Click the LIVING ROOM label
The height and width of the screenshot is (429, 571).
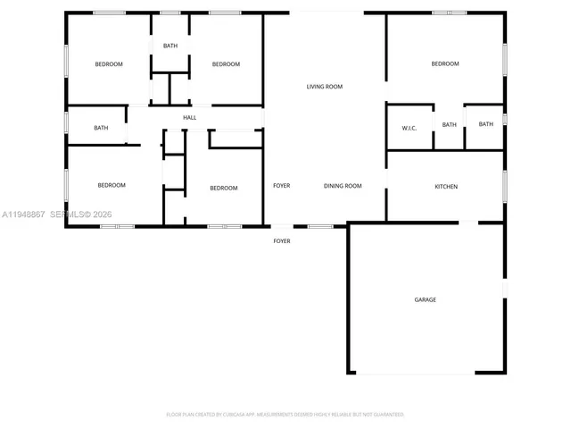325,87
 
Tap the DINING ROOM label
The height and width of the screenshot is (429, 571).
343,186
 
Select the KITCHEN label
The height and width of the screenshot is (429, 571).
446,187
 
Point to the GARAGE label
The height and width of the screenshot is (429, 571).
425,299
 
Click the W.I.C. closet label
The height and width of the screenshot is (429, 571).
410,128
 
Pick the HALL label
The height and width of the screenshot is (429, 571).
189,117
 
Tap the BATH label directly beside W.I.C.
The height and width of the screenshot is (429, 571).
449,124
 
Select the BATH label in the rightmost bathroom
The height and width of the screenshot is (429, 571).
485,124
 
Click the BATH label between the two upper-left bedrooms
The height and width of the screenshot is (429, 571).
170,46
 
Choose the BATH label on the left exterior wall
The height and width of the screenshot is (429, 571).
101,128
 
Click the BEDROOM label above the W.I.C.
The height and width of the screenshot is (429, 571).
444,63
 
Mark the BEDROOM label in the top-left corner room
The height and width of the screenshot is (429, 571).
109,64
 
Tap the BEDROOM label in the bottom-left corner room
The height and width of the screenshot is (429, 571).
111,185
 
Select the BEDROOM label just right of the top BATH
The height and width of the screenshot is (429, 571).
226,64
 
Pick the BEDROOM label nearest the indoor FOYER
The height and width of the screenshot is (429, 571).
223,188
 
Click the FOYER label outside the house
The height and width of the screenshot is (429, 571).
281,240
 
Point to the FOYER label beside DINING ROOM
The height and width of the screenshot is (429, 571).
281,186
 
